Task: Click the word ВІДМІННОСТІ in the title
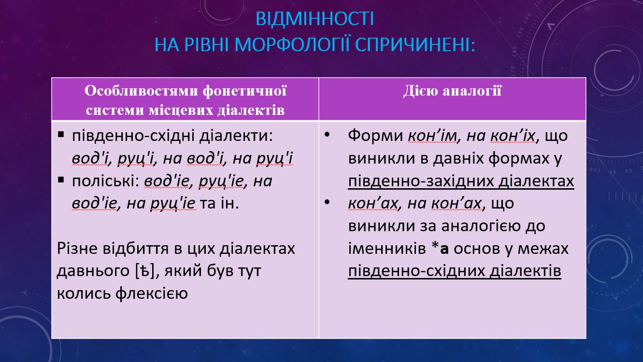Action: [314, 19]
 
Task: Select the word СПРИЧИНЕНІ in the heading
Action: [415, 45]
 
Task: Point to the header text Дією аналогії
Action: [452, 91]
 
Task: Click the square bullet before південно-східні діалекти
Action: [61, 135]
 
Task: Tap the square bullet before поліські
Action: [61, 180]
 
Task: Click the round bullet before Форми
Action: [327, 134]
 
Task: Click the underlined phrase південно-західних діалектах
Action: [461, 181]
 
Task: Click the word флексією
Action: [152, 293]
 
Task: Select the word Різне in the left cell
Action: [77, 249]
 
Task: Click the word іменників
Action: [387, 249]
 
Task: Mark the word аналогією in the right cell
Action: [481, 226]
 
